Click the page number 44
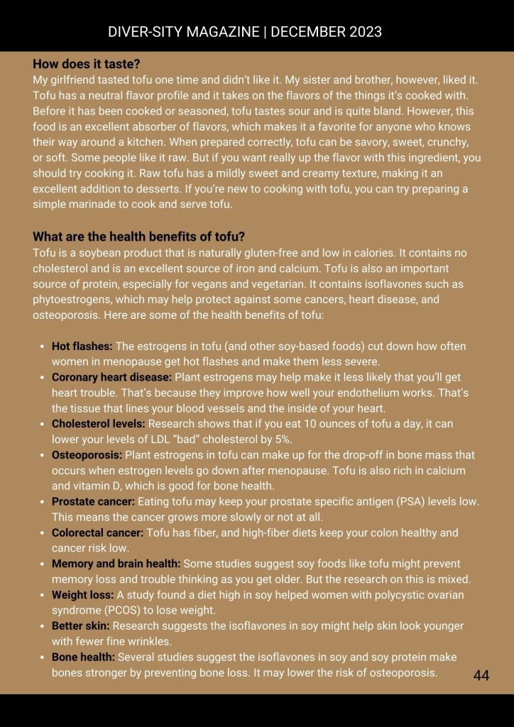[481, 675]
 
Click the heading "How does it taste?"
[86, 63]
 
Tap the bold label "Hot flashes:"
[82, 346]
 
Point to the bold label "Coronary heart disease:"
[111, 377]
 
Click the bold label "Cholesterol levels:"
[98, 424]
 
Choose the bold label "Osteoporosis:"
[87, 455]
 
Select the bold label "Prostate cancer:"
[93, 501]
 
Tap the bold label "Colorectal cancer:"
[97, 532]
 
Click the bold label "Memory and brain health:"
[116, 564]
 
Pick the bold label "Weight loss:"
[82, 595]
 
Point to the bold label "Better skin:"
[80, 626]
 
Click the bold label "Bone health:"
[83, 657]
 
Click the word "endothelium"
[368, 393]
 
